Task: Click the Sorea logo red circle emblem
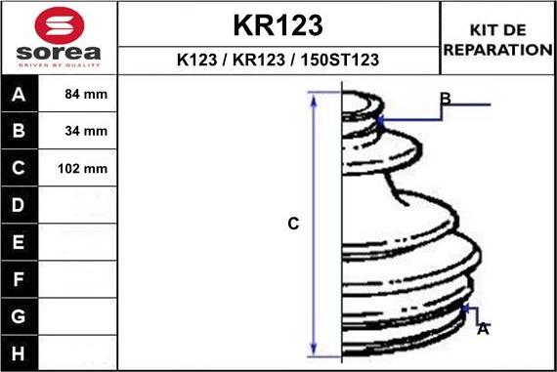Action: (x=60, y=23)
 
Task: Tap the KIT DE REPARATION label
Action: (x=497, y=40)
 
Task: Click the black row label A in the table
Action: (x=19, y=96)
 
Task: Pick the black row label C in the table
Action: (x=19, y=168)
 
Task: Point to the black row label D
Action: (x=19, y=205)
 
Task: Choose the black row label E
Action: (x=19, y=241)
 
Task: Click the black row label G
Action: (x=19, y=315)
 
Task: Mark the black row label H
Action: (x=19, y=351)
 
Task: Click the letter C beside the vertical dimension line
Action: (x=292, y=224)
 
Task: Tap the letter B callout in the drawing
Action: (x=445, y=99)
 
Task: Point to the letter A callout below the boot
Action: (x=482, y=330)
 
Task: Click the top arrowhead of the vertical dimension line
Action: (x=314, y=97)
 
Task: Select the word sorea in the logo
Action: (x=60, y=52)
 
